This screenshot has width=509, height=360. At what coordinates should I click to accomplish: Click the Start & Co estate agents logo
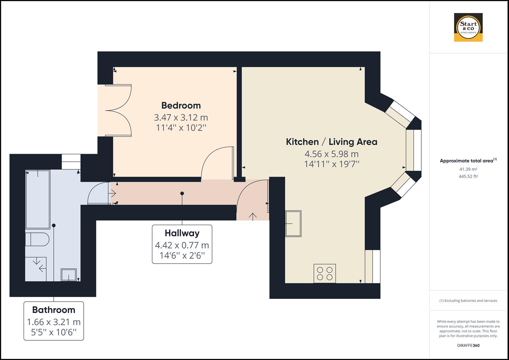click(468, 27)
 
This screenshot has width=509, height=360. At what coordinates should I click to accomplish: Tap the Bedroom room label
click(181, 105)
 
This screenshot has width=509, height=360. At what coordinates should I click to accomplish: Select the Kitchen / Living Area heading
click(331, 142)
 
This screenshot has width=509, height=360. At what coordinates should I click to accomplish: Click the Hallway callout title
click(182, 233)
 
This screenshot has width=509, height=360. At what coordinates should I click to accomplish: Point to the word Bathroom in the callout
click(54, 310)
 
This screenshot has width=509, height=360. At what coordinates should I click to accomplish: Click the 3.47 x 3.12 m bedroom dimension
click(181, 117)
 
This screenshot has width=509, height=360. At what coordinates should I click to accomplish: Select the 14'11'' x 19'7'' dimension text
click(331, 164)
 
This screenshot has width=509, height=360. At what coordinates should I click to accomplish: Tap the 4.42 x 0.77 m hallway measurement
click(182, 245)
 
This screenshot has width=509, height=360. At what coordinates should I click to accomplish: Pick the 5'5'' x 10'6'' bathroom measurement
click(54, 332)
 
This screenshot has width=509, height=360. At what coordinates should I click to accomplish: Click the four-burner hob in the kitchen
click(325, 274)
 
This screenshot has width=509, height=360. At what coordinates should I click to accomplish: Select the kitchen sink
click(293, 223)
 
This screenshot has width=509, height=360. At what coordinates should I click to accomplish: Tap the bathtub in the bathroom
click(38, 199)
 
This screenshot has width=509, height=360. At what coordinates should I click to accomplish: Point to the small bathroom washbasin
click(69, 275)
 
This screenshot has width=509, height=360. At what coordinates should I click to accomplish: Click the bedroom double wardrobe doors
click(118, 110)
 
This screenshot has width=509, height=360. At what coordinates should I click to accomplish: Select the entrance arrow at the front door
click(253, 216)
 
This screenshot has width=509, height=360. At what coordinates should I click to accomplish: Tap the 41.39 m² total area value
click(468, 169)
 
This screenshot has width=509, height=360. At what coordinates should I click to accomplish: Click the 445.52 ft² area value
click(468, 177)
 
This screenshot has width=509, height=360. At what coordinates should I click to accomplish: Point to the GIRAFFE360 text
click(468, 345)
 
